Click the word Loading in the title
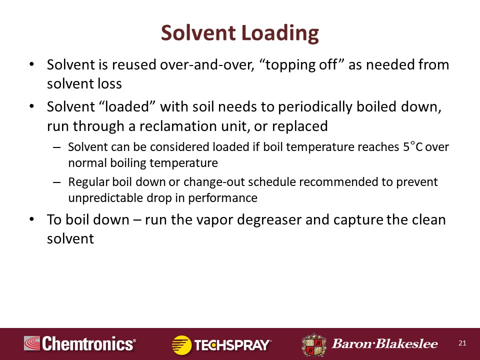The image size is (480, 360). [x=280, y=33]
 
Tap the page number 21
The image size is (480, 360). [x=462, y=343]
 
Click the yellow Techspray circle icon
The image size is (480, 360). [x=181, y=345]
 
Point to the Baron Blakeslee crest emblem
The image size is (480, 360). [x=314, y=344]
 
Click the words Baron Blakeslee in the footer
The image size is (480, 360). [x=385, y=344]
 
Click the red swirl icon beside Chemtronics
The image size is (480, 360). [x=32, y=343]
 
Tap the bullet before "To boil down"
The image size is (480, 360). [x=31, y=219]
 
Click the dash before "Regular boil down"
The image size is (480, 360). [x=57, y=182]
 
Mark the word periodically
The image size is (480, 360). [x=315, y=107]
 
